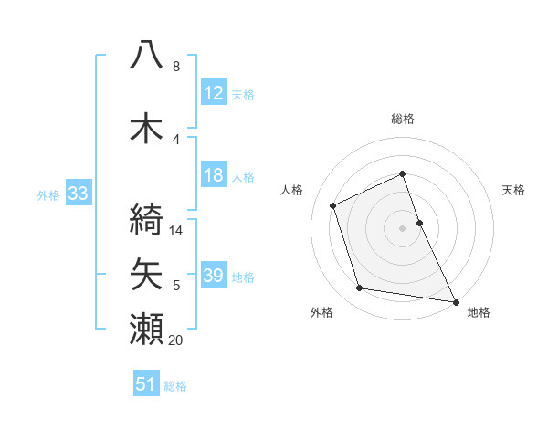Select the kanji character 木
147,128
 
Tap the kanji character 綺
147,218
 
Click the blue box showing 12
214,93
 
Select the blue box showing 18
214,176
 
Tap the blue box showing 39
214,277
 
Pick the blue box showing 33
78,194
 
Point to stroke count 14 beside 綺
176,231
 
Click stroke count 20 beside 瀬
176,340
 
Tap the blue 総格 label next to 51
175,386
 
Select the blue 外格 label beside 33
48,194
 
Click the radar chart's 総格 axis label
403,119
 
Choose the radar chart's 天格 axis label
513,190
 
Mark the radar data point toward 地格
456,300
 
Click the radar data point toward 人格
333,205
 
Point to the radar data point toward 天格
419,222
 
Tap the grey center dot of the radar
403,227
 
